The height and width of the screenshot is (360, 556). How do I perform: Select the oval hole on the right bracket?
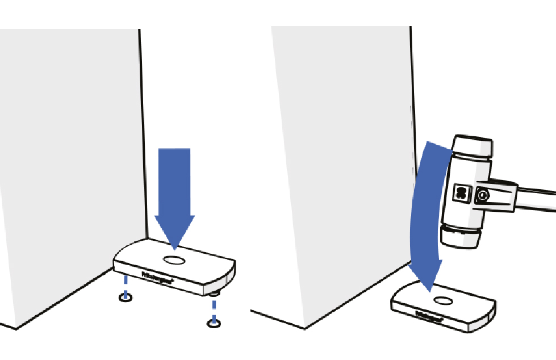pos(441,300)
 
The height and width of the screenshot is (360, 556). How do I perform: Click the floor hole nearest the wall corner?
pos(126,298)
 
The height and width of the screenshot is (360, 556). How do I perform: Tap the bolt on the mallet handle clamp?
pos(482,196)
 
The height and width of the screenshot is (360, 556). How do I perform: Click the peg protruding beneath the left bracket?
pos(214,294)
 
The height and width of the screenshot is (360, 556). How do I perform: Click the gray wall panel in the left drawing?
pos(68,170)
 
